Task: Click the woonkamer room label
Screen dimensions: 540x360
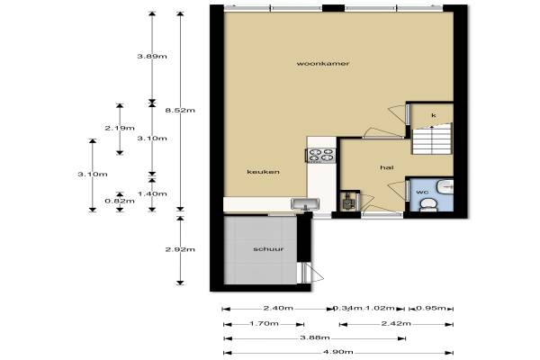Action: click(323, 63)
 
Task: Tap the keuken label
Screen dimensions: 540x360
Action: click(263, 172)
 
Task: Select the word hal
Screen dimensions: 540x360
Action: click(387, 167)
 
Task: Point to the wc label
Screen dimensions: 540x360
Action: click(422, 192)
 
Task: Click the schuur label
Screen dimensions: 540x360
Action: click(268, 248)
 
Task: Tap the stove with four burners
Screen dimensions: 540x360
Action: click(321, 155)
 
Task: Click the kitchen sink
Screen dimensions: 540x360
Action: click(305, 203)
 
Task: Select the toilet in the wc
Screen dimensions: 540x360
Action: click(428, 204)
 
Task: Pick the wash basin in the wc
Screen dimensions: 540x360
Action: click(445, 186)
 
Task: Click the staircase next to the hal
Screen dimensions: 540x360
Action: click(432, 139)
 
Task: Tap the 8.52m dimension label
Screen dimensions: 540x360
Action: click(180, 110)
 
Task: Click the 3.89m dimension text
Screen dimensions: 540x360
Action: click(152, 56)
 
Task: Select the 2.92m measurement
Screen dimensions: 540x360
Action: click(180, 249)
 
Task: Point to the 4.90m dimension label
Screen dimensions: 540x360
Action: click(338, 352)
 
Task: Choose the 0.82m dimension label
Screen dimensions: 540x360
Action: click(120, 201)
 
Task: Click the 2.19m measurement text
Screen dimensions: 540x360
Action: click(120, 128)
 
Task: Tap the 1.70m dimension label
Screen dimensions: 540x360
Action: click(264, 323)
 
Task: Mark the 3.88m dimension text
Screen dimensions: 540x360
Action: click(315, 337)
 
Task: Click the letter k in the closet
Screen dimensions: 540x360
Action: click(434, 115)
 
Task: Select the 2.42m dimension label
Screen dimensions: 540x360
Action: click(396, 323)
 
